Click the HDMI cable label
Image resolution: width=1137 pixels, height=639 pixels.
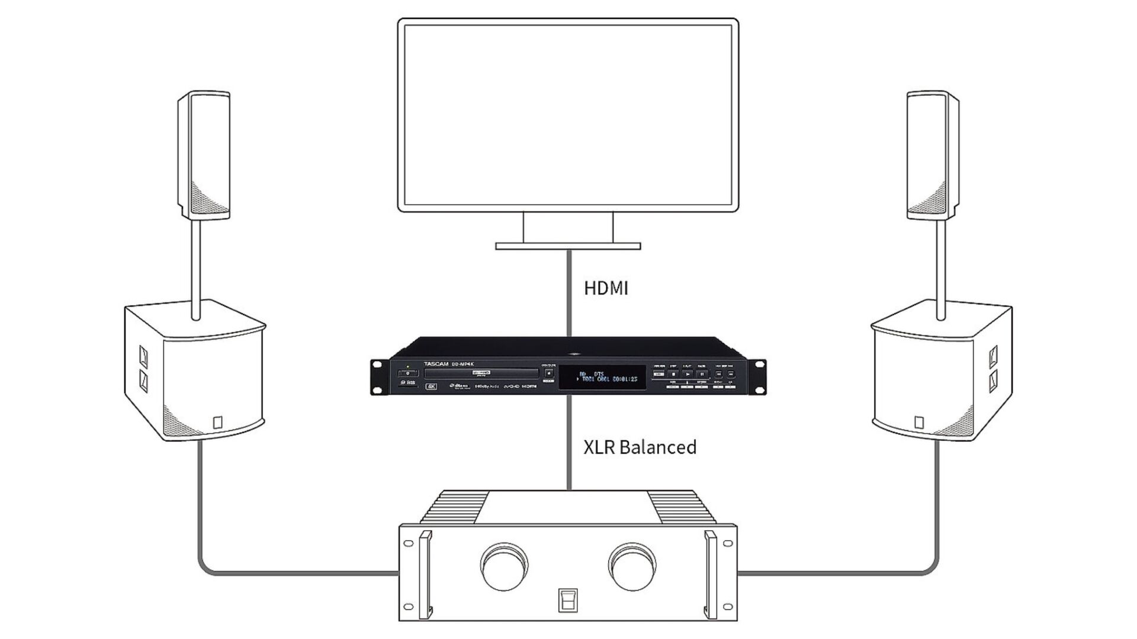coord(606,288)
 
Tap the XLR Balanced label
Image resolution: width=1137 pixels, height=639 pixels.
coord(640,447)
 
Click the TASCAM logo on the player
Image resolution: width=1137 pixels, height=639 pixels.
coord(436,364)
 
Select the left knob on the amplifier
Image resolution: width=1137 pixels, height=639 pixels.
coord(504,564)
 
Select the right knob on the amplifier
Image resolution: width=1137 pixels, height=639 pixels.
coord(634,564)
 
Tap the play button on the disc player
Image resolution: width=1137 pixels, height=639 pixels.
coord(688,374)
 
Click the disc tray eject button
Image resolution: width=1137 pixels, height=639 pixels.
coord(549,374)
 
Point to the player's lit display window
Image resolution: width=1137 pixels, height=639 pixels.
coord(602,377)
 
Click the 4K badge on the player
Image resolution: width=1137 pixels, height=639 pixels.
coord(431,386)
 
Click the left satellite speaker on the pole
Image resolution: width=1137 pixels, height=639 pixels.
coord(204,155)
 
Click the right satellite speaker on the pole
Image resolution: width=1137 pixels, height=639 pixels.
coord(933,155)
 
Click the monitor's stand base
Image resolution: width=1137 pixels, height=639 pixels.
coord(568,246)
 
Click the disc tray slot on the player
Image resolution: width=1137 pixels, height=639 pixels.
coord(481,373)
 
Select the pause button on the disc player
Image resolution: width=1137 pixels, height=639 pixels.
coord(702,374)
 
